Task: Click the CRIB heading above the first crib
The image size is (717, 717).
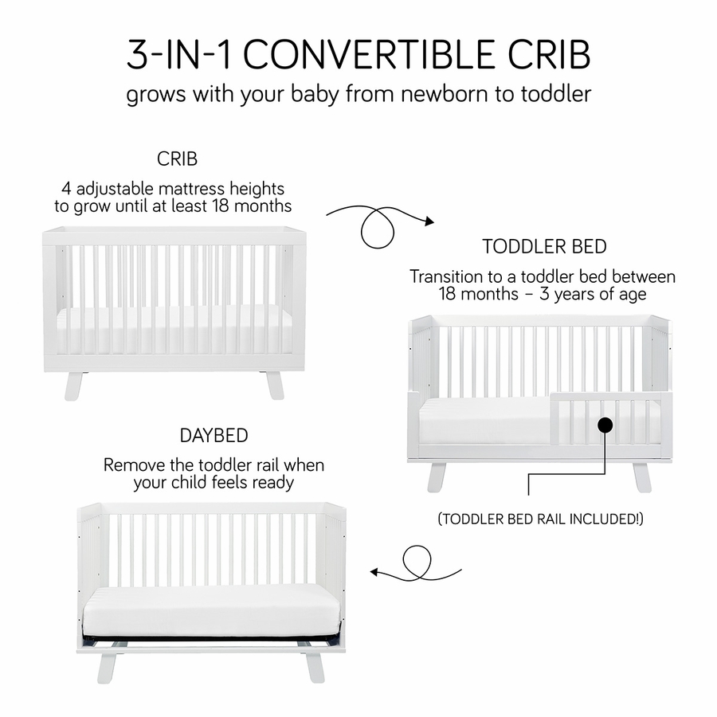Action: [176, 159]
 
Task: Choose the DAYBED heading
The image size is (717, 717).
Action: [214, 436]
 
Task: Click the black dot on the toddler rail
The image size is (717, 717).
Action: [605, 425]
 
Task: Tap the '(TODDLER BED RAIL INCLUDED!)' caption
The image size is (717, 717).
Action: [541, 519]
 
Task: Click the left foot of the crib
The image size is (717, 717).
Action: [73, 384]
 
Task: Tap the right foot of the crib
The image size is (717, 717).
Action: [275, 384]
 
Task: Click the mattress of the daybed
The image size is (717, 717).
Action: [211, 610]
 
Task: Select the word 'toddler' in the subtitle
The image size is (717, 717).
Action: [555, 94]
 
